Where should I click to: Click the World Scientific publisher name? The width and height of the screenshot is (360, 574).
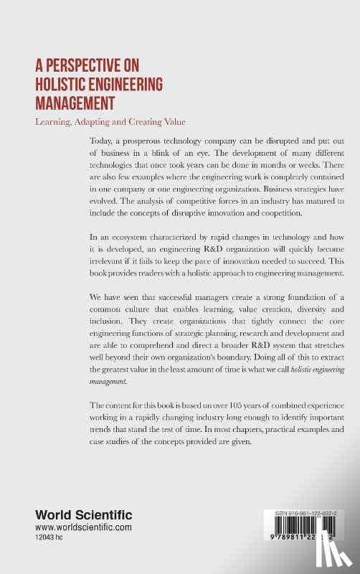tap(75, 516)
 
